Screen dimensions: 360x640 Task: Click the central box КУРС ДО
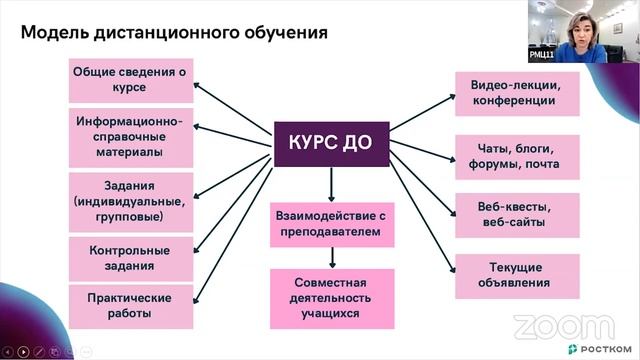(x=331, y=143)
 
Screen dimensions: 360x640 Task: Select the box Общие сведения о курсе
(x=130, y=79)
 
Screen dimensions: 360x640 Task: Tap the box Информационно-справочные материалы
(x=130, y=137)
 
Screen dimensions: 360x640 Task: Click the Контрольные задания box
(x=130, y=258)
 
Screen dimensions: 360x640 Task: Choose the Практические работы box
(x=130, y=306)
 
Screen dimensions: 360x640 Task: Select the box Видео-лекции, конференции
(x=516, y=93)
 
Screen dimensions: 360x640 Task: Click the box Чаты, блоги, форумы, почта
(x=516, y=156)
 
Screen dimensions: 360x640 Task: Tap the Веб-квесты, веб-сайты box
(x=516, y=214)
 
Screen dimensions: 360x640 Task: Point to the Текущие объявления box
(x=516, y=275)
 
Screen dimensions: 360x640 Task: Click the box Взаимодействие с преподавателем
(x=331, y=225)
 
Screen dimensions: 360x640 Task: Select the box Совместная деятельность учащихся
(x=331, y=297)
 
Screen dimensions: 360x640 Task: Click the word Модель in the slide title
(x=55, y=33)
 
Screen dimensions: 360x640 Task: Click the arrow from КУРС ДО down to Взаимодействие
(x=331, y=183)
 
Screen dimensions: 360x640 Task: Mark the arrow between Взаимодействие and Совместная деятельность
(x=331, y=257)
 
